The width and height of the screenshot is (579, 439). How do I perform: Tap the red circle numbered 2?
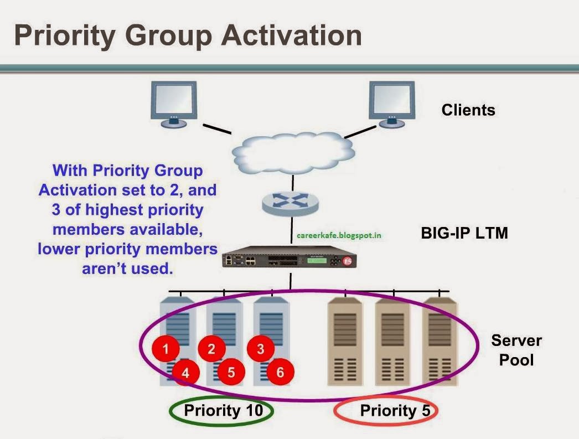[x=211, y=348]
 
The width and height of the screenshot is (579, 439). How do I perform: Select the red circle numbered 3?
[x=261, y=348]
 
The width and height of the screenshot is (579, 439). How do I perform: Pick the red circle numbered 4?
[x=186, y=373]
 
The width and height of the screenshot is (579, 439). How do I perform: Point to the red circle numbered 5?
[x=231, y=372]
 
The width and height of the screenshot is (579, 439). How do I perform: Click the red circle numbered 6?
[x=280, y=372]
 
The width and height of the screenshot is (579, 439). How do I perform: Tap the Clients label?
[x=468, y=110]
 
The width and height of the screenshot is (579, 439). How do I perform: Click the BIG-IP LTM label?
[x=464, y=233]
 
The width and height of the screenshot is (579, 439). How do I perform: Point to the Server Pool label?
[x=516, y=350]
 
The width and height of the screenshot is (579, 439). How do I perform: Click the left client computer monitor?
[x=174, y=102]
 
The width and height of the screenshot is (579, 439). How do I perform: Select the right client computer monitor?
[x=392, y=102]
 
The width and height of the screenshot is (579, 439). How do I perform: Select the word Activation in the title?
[x=291, y=35]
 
